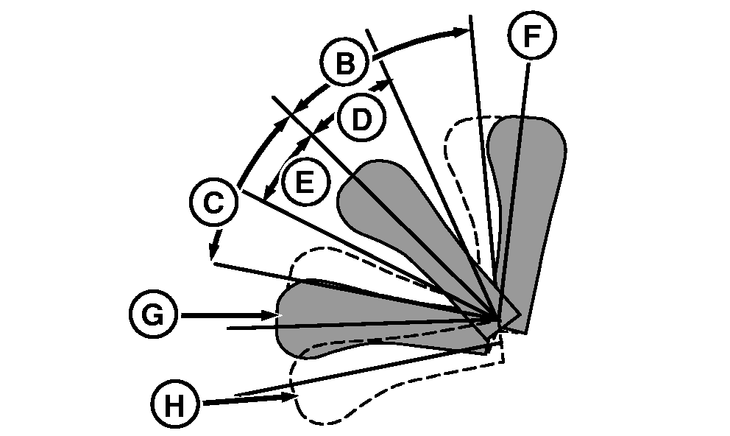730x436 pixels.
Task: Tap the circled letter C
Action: [213, 203]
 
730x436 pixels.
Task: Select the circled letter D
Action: [360, 119]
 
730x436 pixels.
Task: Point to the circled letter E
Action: [304, 180]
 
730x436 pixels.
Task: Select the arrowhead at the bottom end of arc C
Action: [213, 255]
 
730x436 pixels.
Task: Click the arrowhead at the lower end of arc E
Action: [267, 193]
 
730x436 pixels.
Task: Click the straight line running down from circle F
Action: [515, 184]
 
